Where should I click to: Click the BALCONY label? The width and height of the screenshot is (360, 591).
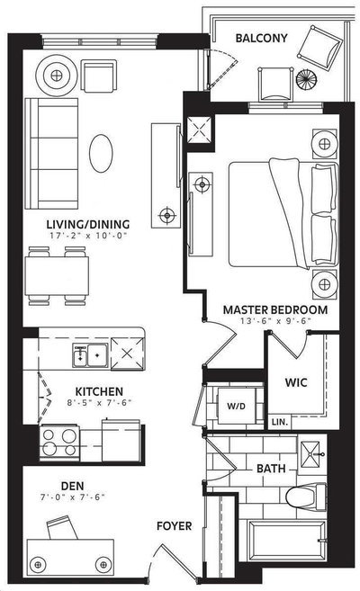(261, 38)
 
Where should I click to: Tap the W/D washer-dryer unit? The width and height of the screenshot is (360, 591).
(237, 406)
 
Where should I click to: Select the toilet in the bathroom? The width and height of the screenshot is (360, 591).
(306, 497)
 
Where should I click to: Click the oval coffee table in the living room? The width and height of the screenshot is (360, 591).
(101, 154)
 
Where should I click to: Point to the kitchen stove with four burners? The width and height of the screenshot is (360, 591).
(59, 443)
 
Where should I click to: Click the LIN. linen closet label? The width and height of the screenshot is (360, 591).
(280, 422)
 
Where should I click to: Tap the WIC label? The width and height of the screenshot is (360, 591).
(296, 382)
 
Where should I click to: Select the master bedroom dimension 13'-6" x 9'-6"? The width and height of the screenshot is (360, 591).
(275, 321)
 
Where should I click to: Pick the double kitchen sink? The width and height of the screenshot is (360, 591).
(91, 355)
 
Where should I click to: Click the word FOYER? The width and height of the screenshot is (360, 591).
(175, 526)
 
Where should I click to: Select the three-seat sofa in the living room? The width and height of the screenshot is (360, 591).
(51, 154)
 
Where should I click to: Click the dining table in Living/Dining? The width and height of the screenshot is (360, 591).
(57, 276)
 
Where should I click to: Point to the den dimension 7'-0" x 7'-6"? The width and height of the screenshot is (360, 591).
(72, 497)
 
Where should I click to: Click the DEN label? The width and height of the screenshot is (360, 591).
(72, 486)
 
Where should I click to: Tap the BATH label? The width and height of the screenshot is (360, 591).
(271, 469)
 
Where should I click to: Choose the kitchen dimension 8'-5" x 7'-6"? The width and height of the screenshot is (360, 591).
(99, 402)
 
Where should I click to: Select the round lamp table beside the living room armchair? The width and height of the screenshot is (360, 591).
(57, 76)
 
